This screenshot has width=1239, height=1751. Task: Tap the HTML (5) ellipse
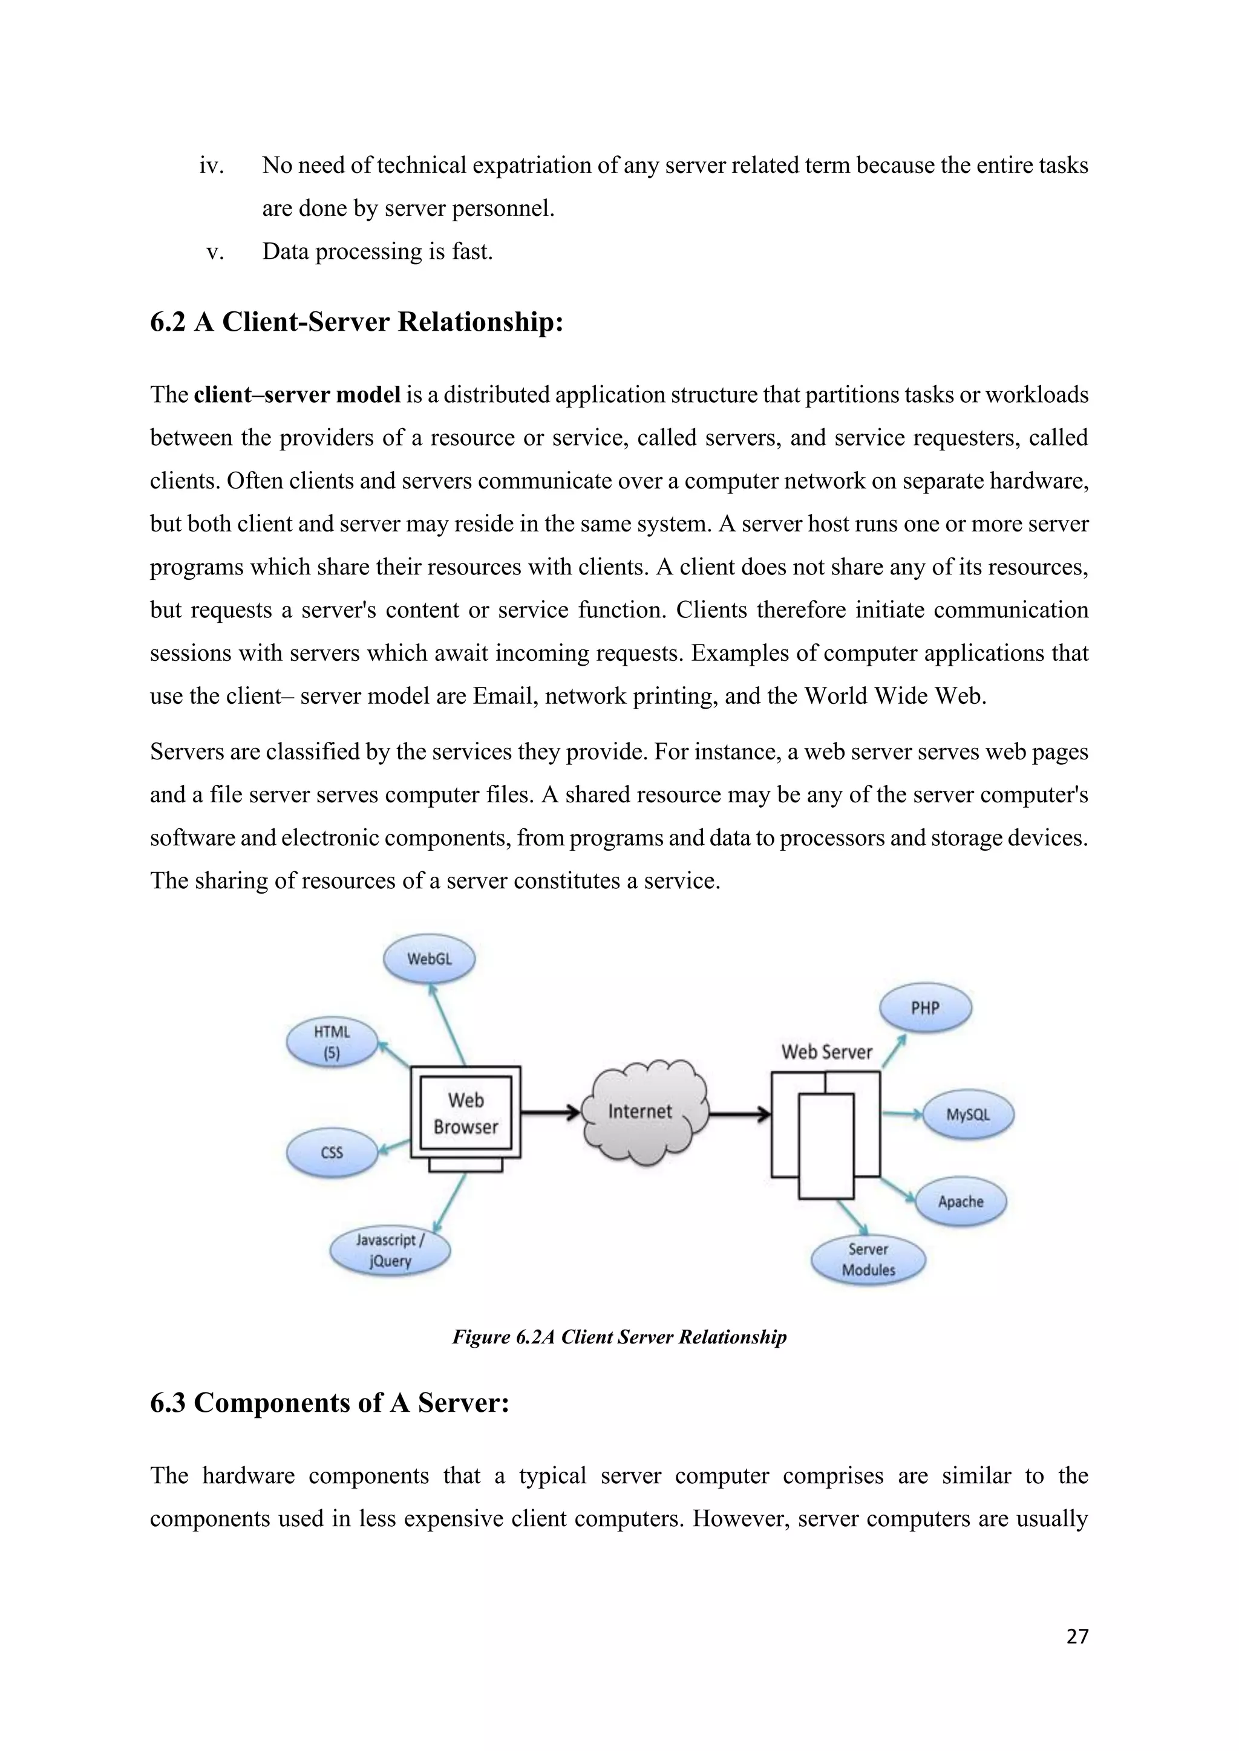coord(332,1042)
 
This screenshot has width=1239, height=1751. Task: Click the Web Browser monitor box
coord(465,1114)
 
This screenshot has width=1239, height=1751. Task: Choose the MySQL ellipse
coord(967,1114)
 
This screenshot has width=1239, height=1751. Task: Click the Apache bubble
coord(961,1201)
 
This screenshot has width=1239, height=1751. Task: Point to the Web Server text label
coord(826,1053)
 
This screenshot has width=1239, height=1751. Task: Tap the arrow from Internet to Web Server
coord(740,1114)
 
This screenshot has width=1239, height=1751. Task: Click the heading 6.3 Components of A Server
coord(329,1402)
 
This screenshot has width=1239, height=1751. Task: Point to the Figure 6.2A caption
coord(619,1337)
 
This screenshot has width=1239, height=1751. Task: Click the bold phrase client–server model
coord(297,395)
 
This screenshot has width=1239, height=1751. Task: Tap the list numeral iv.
coord(211,166)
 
